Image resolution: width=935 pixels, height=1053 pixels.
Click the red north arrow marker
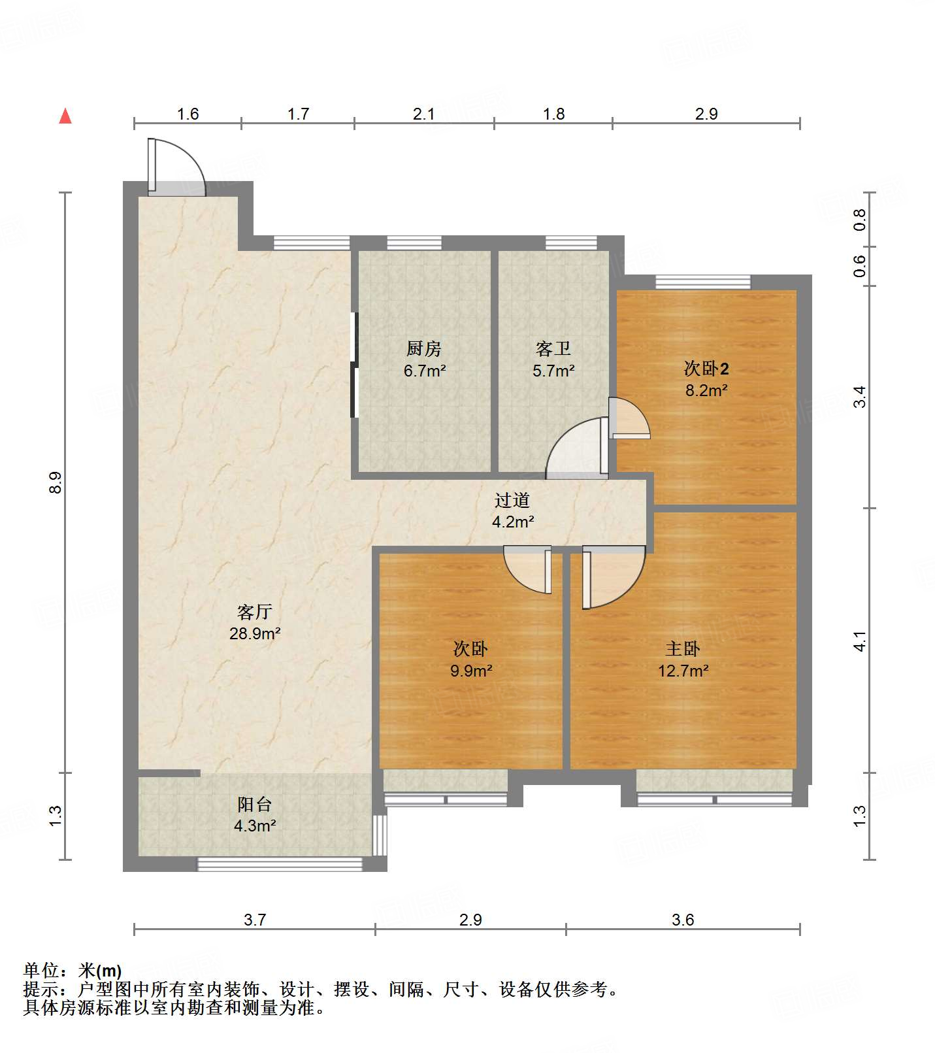click(x=65, y=116)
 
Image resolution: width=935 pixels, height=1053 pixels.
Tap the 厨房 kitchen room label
click(x=424, y=348)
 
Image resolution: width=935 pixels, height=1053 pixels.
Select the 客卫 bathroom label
click(x=553, y=348)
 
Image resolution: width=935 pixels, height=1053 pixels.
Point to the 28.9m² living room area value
click(x=255, y=633)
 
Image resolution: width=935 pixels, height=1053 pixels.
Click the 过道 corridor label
click(x=512, y=500)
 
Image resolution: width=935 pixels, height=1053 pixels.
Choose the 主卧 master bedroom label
click(x=683, y=648)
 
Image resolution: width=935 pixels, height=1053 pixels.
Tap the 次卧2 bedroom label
click(x=706, y=369)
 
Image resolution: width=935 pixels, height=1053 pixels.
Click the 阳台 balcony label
click(x=255, y=804)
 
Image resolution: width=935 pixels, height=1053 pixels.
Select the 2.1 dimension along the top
click(x=424, y=114)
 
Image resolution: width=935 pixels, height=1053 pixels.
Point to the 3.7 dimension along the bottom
click(x=255, y=920)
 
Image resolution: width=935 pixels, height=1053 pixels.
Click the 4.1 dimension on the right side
click(x=860, y=641)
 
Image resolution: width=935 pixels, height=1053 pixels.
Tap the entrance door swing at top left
click(x=177, y=167)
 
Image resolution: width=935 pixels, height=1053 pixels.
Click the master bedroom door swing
click(x=614, y=578)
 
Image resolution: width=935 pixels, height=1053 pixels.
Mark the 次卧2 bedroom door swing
click(x=630, y=418)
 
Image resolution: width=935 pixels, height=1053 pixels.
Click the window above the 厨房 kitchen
click(x=414, y=243)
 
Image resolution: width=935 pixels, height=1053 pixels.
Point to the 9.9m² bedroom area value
click(x=471, y=671)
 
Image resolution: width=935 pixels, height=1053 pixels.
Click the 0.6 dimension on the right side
click(x=860, y=266)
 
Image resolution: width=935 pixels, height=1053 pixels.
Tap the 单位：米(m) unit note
click(x=73, y=971)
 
